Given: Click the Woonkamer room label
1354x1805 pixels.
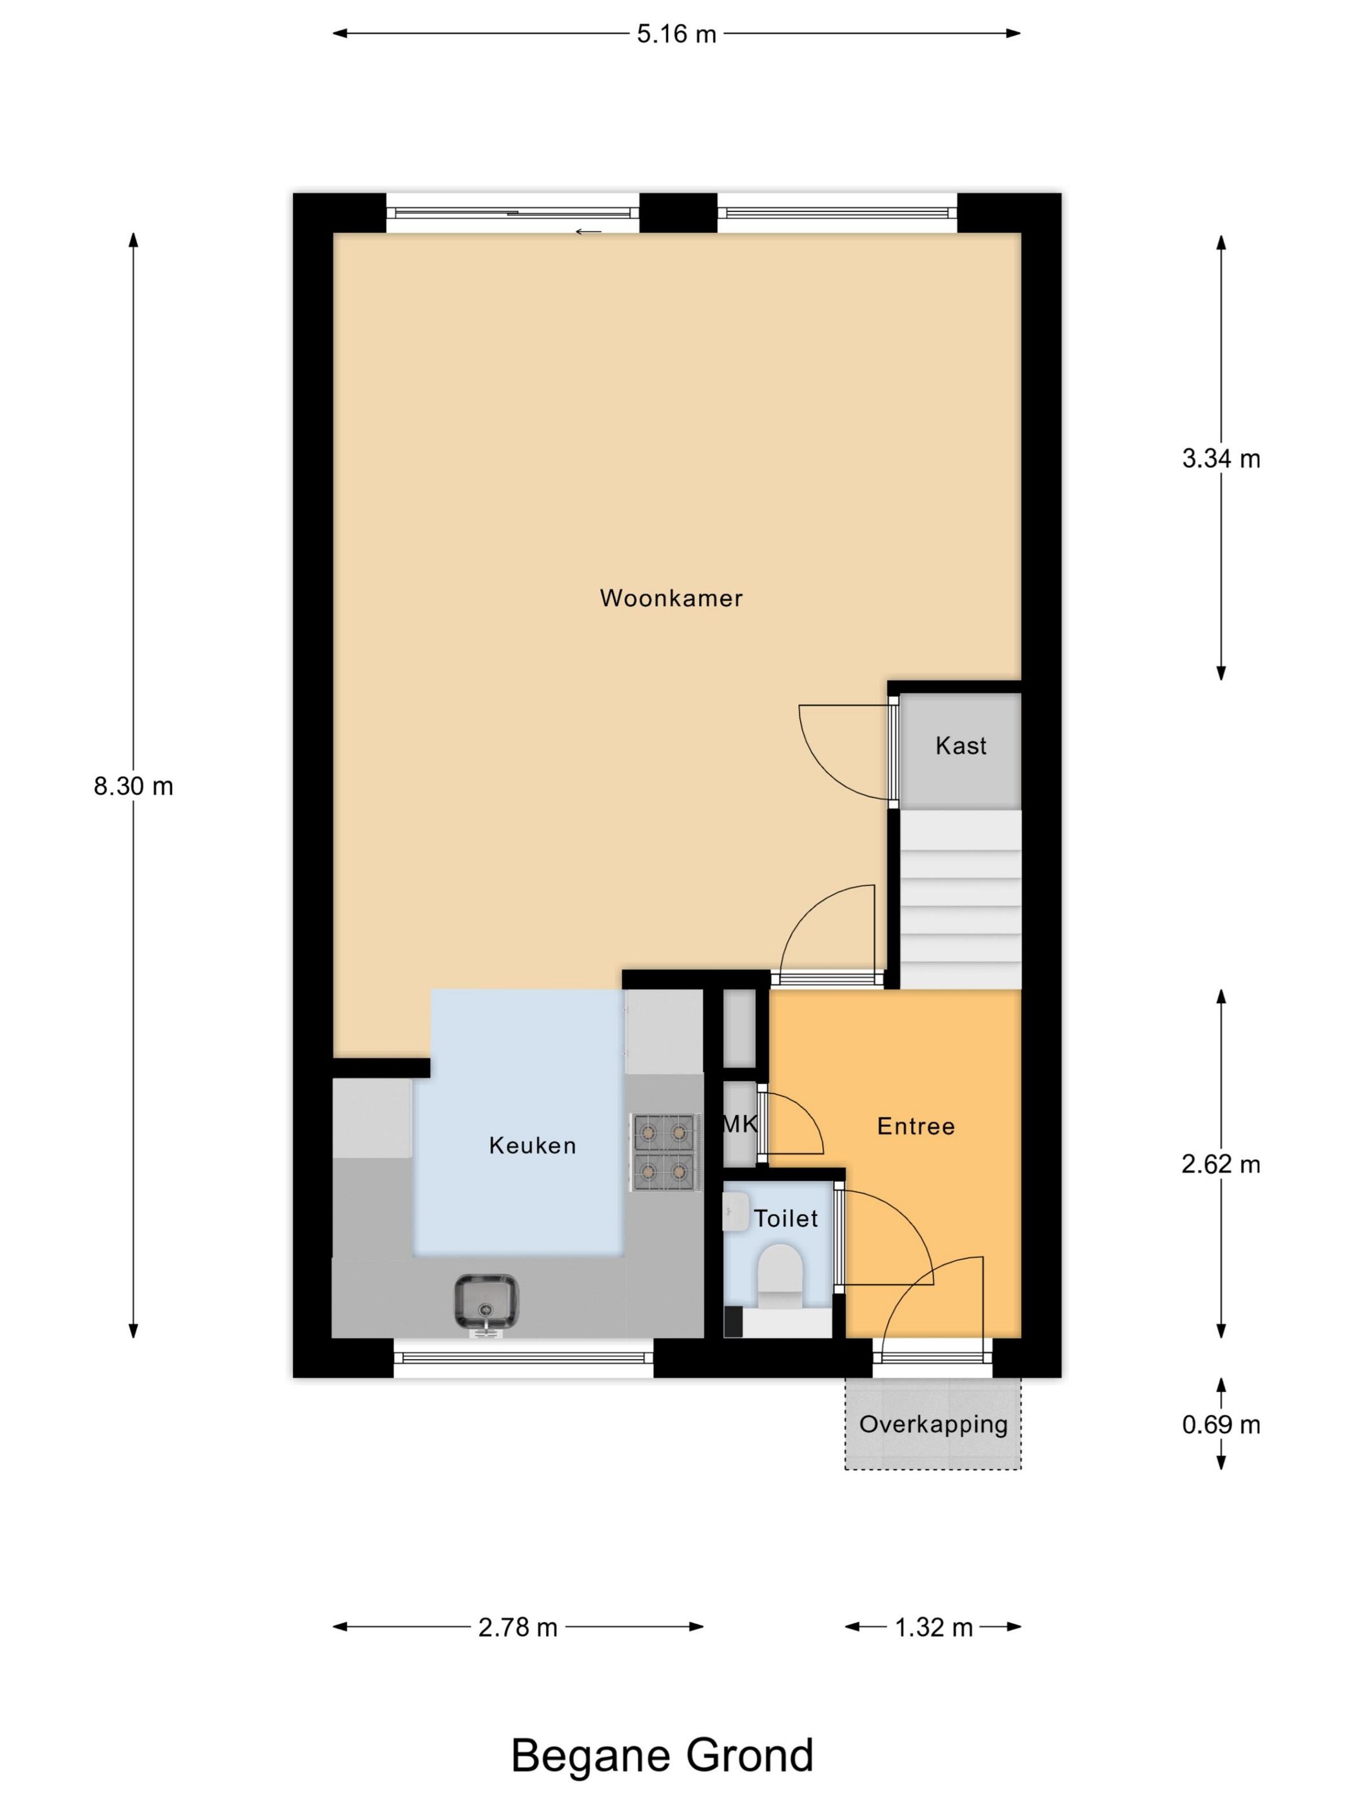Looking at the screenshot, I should pyautogui.click(x=671, y=598).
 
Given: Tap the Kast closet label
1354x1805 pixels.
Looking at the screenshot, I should pyautogui.click(x=961, y=746).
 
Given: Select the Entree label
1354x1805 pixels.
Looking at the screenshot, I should pyautogui.click(x=915, y=1127).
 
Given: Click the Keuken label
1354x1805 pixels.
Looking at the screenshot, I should pyautogui.click(x=532, y=1146).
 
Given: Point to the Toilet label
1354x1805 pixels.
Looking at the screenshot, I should pyautogui.click(x=785, y=1219).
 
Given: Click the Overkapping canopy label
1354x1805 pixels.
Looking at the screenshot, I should pyautogui.click(x=933, y=1424).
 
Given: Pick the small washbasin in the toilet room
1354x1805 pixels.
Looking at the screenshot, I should pyautogui.click(x=736, y=1212).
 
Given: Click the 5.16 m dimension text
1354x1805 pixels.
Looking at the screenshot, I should pyautogui.click(x=676, y=34).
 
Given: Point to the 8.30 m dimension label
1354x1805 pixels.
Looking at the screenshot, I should pyautogui.click(x=133, y=786).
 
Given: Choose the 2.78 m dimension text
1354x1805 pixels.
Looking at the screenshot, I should pyautogui.click(x=518, y=1628).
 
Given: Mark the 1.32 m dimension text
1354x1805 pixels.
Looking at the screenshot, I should pyautogui.click(x=933, y=1628).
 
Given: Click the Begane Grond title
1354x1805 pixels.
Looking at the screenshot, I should pyautogui.click(x=662, y=1755).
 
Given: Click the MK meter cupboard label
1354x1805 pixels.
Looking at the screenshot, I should pyautogui.click(x=740, y=1124).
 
